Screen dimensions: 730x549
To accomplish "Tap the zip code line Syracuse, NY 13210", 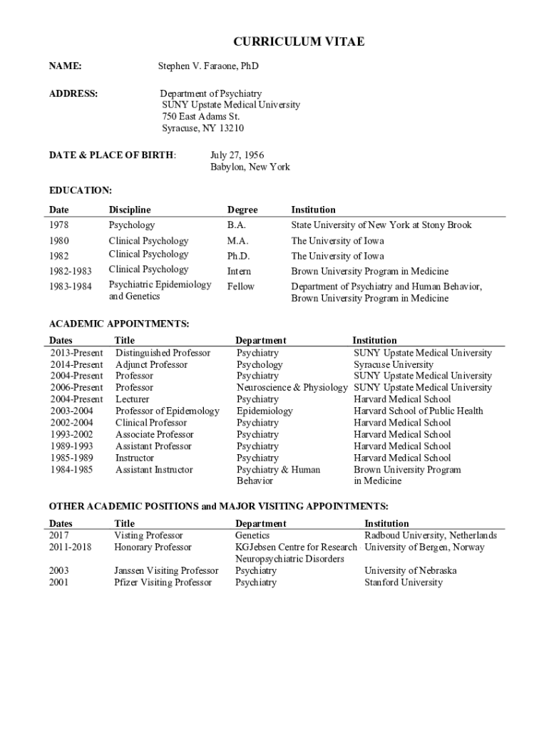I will click(x=202, y=128).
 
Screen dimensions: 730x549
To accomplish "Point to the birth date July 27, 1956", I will click(x=237, y=155).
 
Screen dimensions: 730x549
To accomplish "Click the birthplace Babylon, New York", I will click(x=250, y=167).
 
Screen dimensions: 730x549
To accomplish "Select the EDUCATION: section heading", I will click(x=80, y=190).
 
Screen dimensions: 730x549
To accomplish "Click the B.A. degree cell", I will click(x=237, y=225).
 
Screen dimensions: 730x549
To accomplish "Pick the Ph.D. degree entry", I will click(x=238, y=256).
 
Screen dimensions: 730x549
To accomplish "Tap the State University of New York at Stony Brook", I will click(x=381, y=225).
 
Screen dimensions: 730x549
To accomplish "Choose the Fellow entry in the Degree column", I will click(x=240, y=287).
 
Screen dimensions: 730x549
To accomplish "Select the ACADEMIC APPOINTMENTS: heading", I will click(x=118, y=324).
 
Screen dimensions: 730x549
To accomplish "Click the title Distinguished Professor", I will click(x=163, y=353).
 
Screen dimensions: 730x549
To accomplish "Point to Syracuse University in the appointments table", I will click(x=393, y=364).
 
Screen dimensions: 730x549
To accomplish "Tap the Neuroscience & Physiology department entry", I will click(x=292, y=388).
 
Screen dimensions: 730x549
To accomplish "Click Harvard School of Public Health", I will click(x=418, y=411).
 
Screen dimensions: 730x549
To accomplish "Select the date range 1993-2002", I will click(x=71, y=434).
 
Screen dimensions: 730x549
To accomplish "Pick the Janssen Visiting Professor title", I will click(x=166, y=571).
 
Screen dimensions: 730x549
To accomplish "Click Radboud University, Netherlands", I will click(x=431, y=535).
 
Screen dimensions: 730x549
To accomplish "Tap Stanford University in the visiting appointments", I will click(x=403, y=582).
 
